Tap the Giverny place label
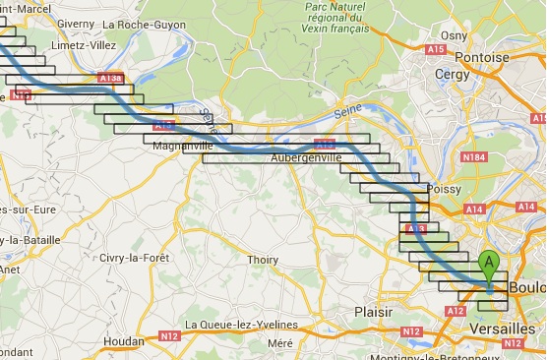pos(77,24)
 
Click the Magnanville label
pos(184,147)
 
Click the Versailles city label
pos(501,329)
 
